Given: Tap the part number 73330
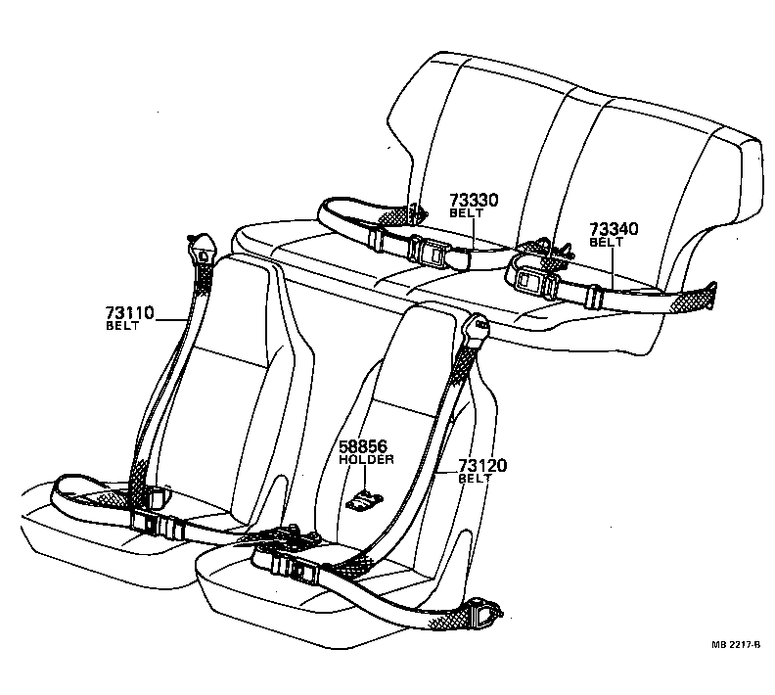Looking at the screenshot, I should click(474, 201).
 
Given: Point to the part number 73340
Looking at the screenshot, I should click(614, 229).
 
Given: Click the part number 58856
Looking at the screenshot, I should click(364, 446).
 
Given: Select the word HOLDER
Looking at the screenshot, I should click(366, 459).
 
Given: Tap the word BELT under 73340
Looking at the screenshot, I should click(606, 242).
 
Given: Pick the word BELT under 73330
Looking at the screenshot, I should click(466, 213).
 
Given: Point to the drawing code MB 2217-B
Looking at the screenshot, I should click(735, 645).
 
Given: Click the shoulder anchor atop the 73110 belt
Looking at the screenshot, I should click(203, 249).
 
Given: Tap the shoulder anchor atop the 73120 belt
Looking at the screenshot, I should click(477, 329).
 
